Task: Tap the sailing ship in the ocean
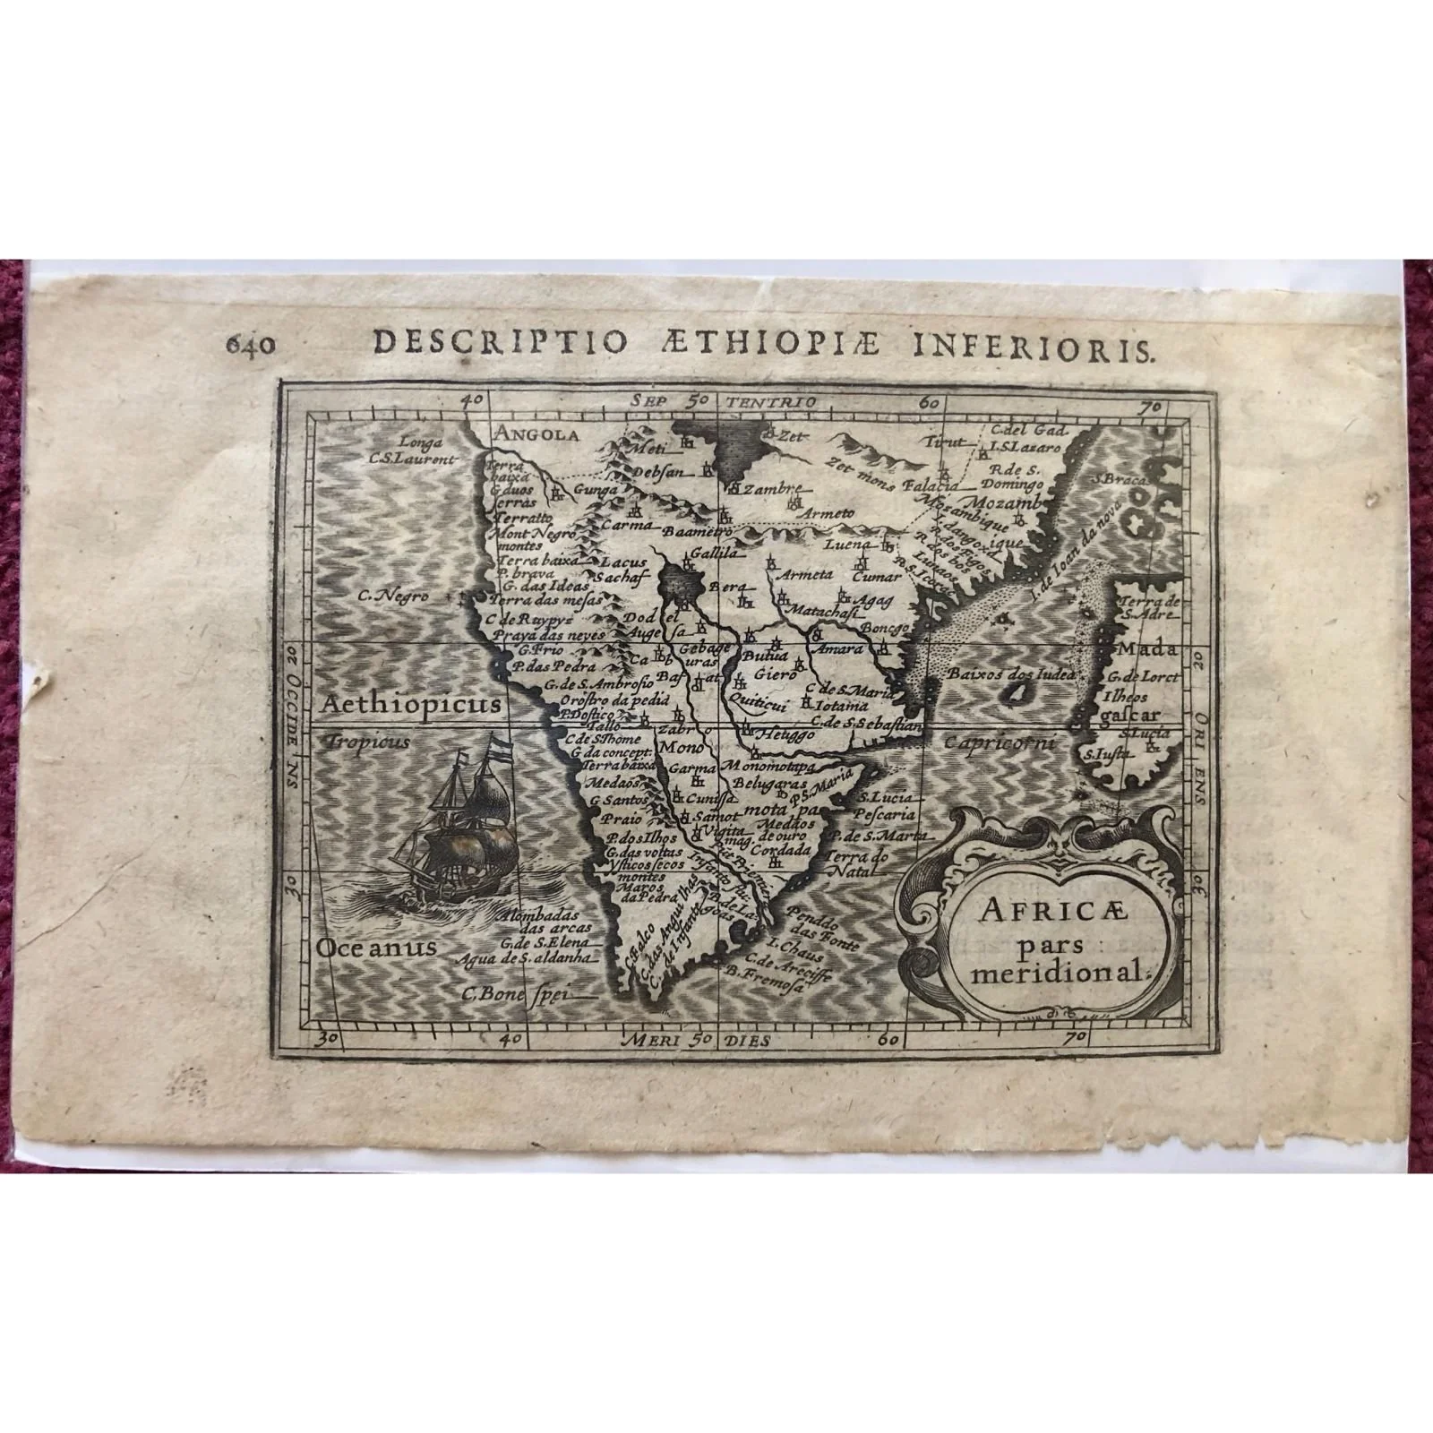click(463, 822)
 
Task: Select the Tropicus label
click(368, 742)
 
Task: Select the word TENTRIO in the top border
click(761, 403)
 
